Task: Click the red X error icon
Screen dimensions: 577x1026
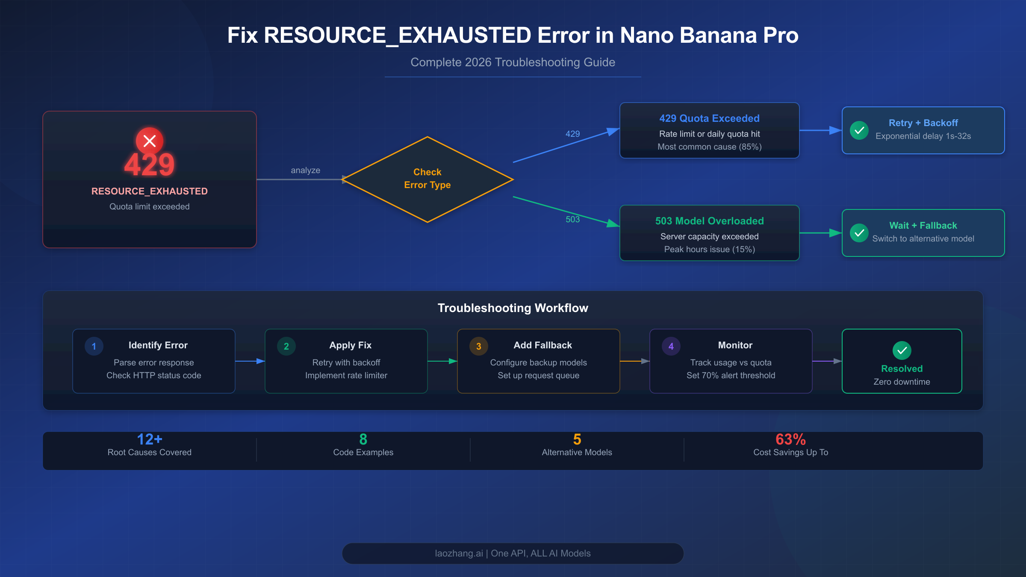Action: pyautogui.click(x=149, y=141)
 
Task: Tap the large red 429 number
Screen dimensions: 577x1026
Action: pyautogui.click(x=149, y=165)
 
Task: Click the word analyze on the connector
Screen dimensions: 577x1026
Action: pyautogui.click(x=305, y=170)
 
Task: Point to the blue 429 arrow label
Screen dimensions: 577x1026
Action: pyautogui.click(x=572, y=134)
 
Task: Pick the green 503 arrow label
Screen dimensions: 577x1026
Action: pyautogui.click(x=572, y=219)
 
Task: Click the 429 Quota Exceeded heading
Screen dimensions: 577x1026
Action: pyautogui.click(x=709, y=118)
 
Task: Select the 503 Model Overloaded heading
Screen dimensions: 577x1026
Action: pyautogui.click(x=709, y=221)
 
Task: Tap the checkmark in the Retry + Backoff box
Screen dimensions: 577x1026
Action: pyautogui.click(x=859, y=130)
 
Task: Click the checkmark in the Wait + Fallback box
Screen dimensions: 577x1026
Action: pyautogui.click(x=859, y=233)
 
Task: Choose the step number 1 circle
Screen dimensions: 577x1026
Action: pyautogui.click(x=94, y=346)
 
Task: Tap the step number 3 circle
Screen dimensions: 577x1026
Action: pyautogui.click(x=479, y=346)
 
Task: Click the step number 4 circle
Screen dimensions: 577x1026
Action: pyautogui.click(x=671, y=346)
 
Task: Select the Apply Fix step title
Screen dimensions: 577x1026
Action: pyautogui.click(x=350, y=345)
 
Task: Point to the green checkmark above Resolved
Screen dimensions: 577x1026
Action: pyautogui.click(x=902, y=350)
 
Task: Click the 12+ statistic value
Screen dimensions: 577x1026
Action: pyautogui.click(x=149, y=439)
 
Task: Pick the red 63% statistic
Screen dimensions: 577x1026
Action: pyautogui.click(x=790, y=439)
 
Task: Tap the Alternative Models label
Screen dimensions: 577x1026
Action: pyautogui.click(x=577, y=452)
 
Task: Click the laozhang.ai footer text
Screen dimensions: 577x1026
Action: pyautogui.click(x=513, y=553)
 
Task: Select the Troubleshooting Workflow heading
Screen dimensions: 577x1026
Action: pyautogui.click(x=513, y=308)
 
